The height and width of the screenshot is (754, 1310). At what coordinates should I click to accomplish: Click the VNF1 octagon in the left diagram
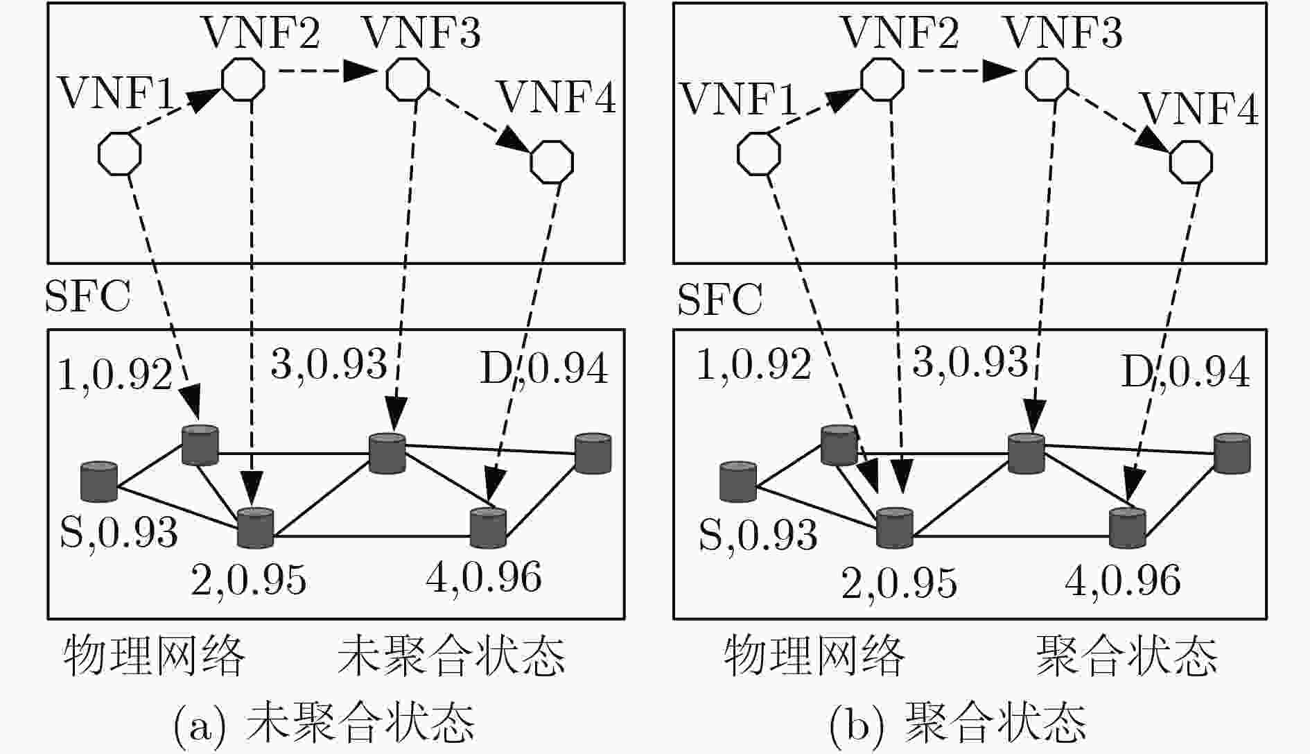pyautogui.click(x=119, y=154)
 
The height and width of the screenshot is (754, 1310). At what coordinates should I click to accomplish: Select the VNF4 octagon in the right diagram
pyautogui.click(x=1191, y=162)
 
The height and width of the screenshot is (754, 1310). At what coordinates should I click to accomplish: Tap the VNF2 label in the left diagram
pyautogui.click(x=261, y=33)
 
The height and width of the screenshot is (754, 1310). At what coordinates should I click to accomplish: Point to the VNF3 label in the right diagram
pyautogui.click(x=1063, y=33)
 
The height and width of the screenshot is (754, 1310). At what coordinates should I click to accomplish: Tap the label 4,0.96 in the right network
pyautogui.click(x=1123, y=579)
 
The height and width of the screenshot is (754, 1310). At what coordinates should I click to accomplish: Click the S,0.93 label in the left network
pyautogui.click(x=119, y=532)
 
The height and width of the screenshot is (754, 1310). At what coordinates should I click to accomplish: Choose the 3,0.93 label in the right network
pyautogui.click(x=970, y=361)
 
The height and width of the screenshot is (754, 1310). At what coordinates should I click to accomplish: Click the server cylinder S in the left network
pyautogui.click(x=99, y=481)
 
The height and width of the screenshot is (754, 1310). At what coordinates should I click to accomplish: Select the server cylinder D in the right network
pyautogui.click(x=1232, y=453)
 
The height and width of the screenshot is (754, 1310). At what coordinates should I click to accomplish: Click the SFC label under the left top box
pyautogui.click(x=88, y=297)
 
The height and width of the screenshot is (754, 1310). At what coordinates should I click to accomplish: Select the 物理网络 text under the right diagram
pyautogui.click(x=814, y=655)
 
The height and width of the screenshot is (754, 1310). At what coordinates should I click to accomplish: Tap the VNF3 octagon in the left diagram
pyautogui.click(x=408, y=78)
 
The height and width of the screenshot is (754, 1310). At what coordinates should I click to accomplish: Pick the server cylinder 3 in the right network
pyautogui.click(x=1026, y=454)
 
